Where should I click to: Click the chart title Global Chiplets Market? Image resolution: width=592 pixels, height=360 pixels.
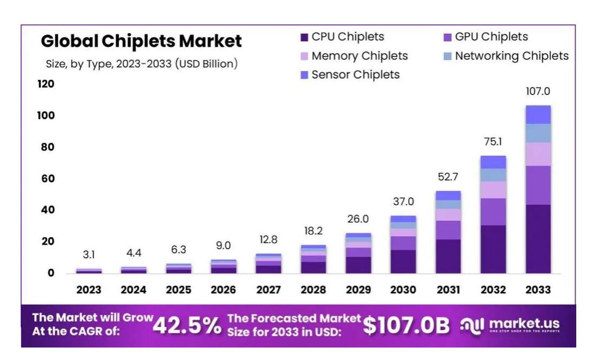[x=141, y=41]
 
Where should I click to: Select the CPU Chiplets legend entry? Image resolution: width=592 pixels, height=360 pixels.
[x=348, y=37]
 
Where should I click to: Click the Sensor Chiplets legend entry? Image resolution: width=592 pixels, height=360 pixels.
[x=355, y=74]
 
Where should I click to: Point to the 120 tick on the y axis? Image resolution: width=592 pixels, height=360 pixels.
[x=46, y=84]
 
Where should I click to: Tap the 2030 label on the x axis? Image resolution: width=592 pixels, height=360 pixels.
[x=402, y=290]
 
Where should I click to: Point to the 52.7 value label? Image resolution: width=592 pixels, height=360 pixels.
[x=448, y=176]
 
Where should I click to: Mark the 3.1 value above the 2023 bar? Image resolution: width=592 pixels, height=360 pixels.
[x=89, y=255]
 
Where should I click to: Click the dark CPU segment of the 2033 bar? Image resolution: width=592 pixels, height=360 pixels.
[x=538, y=239]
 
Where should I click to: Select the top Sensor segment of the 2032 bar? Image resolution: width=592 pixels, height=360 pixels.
[x=493, y=162]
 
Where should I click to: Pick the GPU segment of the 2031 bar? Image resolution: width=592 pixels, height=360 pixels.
[x=448, y=230]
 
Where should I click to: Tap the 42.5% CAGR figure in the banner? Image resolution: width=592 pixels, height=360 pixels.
[x=187, y=326]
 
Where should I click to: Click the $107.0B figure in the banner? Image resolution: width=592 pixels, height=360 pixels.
[x=406, y=325]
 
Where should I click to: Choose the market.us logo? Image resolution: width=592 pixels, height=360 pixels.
[x=511, y=325]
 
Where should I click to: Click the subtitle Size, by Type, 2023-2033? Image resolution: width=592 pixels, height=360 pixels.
[x=142, y=64]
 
